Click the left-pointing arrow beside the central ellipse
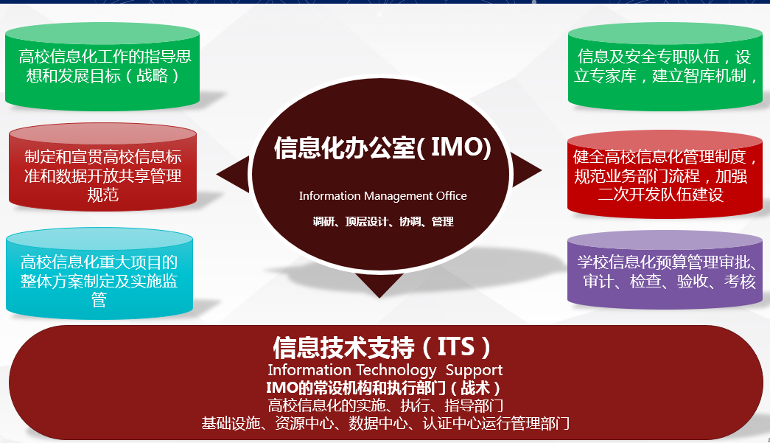click(x=235, y=174)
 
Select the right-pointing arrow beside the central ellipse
click(x=525, y=170)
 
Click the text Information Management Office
click(x=383, y=196)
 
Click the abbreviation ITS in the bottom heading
click(x=455, y=346)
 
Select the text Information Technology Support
click(x=385, y=370)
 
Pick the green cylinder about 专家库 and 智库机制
click(x=665, y=66)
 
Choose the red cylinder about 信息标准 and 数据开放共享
click(x=102, y=167)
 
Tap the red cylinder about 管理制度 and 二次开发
click(x=665, y=175)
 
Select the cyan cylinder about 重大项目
click(x=99, y=273)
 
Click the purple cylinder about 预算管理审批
click(x=665, y=270)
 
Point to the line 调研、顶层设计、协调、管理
click(x=383, y=222)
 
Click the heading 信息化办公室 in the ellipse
click(x=345, y=148)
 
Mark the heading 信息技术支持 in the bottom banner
click(x=344, y=348)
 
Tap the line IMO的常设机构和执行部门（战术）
click(x=383, y=388)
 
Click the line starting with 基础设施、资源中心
click(x=385, y=423)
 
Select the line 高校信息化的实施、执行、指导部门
click(x=385, y=405)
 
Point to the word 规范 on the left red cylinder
click(x=102, y=195)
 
